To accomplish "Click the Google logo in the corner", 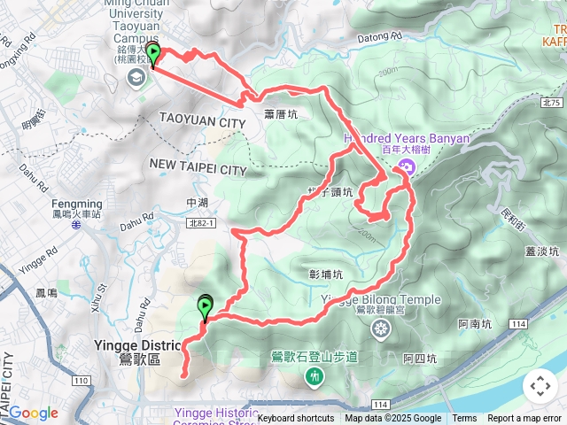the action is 33,413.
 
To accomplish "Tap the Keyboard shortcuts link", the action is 295,419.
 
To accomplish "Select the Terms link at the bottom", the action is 464,419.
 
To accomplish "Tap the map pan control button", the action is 540,386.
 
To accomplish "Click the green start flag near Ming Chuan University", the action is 154,57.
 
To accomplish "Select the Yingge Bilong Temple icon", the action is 381,330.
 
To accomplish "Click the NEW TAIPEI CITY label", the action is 198,168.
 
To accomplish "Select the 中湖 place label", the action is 197,203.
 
